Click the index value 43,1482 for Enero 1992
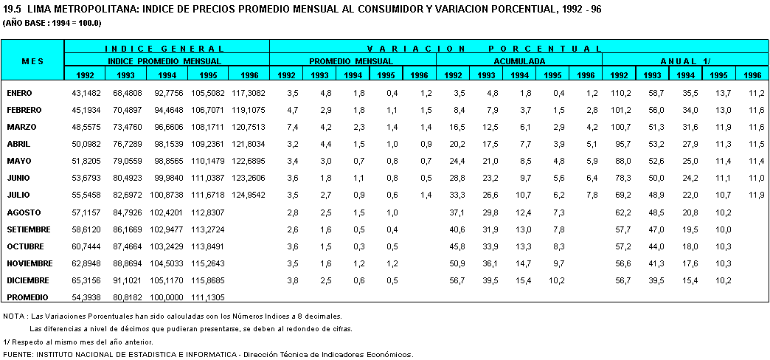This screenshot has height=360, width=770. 86,93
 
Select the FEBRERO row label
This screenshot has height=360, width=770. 24,110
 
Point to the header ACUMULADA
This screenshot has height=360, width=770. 519,61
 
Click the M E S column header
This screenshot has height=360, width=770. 32,61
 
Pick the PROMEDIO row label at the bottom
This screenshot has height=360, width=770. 27,297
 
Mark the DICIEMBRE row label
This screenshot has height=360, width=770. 28,280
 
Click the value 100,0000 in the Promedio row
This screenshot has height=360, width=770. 167,297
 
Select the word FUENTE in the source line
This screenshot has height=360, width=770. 18,354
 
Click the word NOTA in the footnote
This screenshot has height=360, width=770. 14,316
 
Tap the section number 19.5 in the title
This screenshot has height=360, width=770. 12,10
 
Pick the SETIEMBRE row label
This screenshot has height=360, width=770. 28,229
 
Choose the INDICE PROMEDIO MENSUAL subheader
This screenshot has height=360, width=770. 167,61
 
